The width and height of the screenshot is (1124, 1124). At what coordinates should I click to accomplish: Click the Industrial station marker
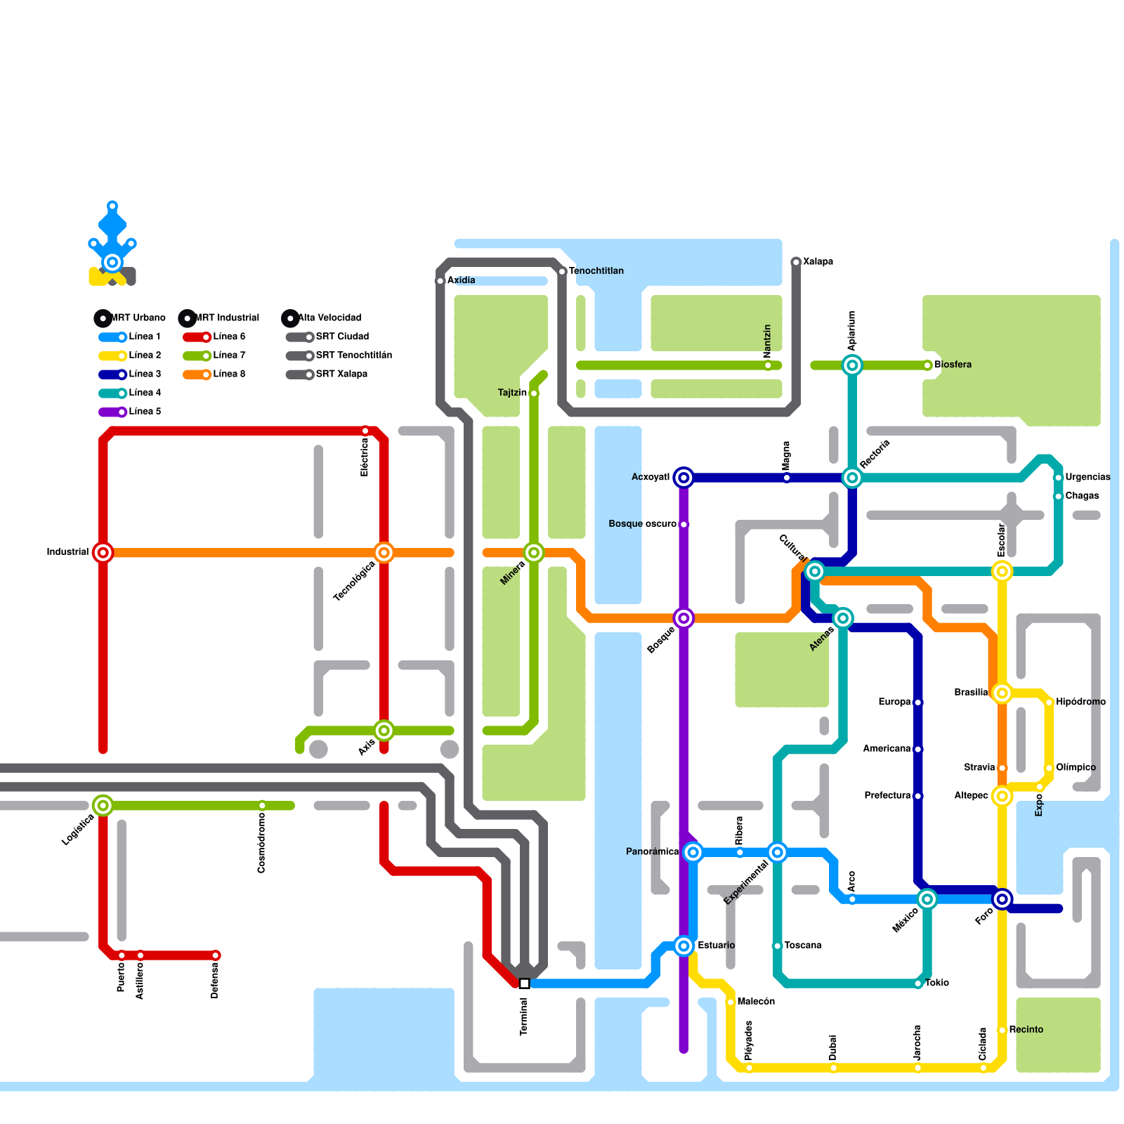click(103, 553)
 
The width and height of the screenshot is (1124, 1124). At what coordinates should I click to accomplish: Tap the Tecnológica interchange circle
click(384, 553)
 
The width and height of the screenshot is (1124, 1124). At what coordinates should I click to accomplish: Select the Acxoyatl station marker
click(684, 478)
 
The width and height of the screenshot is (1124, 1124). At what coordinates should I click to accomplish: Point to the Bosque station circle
click(684, 618)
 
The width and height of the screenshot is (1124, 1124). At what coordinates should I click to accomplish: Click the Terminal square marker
click(524, 983)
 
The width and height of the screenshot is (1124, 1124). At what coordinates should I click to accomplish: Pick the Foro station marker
click(1002, 899)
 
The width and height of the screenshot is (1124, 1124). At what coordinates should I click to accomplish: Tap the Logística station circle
click(103, 806)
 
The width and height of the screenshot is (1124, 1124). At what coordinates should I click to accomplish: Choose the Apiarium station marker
click(852, 365)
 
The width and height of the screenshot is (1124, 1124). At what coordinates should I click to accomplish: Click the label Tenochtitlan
click(596, 271)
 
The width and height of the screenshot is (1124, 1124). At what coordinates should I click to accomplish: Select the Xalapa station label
click(818, 262)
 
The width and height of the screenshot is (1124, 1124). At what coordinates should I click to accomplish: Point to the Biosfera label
click(953, 365)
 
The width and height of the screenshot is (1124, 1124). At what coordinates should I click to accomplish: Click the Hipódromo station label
click(1080, 702)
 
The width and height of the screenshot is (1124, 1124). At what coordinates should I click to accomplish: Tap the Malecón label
click(756, 1002)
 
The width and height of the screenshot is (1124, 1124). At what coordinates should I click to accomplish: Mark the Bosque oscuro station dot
click(684, 525)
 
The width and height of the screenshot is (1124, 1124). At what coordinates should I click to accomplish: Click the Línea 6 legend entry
click(229, 337)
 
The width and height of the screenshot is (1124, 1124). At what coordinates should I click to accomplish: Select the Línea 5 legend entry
click(145, 412)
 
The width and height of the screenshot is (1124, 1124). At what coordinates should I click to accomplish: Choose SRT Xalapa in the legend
click(341, 374)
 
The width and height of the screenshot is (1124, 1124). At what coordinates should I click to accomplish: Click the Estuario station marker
click(684, 946)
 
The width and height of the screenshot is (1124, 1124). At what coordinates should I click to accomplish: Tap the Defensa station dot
click(216, 955)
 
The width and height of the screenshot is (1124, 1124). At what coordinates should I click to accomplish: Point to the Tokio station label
click(936, 983)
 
